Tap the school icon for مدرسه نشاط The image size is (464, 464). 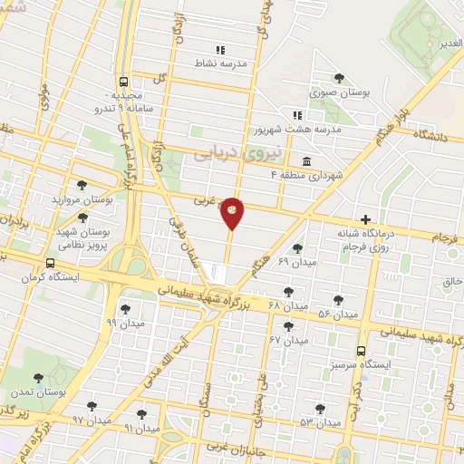219,50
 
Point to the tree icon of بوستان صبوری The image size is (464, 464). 339,78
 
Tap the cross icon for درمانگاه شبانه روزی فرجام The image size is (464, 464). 365,219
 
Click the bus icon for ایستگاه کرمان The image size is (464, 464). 50,265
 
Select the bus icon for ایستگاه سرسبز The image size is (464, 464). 362,351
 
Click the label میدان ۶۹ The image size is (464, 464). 270,262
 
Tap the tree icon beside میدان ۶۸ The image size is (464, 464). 289,292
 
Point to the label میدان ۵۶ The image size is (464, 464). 338,314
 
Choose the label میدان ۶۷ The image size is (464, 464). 288,340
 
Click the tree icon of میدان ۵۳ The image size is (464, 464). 319,409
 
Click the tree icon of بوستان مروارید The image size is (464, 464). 82,185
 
